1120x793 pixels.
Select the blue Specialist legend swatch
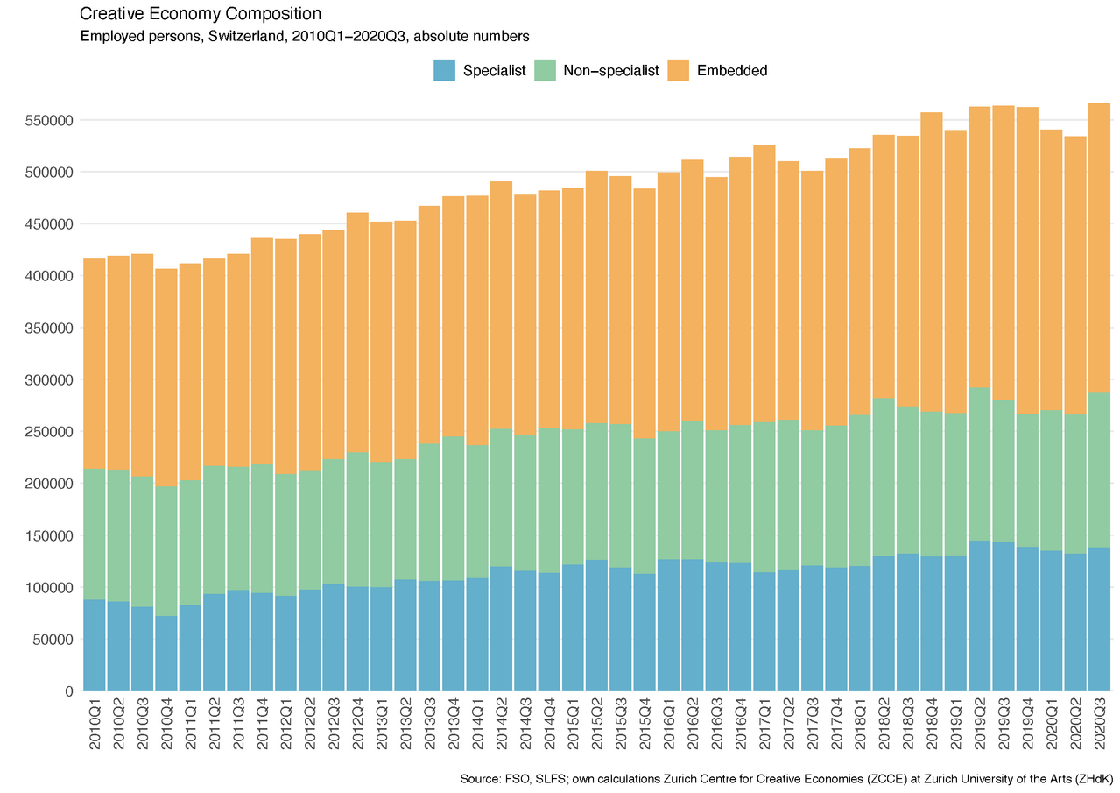coord(444,70)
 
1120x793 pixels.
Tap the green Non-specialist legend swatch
coord(544,70)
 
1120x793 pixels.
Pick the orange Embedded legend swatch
coord(679,70)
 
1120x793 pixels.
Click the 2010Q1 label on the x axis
coord(95,723)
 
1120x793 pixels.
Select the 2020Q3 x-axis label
coord(1099,723)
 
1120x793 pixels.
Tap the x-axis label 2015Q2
coord(597,723)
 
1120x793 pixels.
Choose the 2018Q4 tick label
coord(932,723)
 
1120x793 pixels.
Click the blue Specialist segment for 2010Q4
coord(166,653)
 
